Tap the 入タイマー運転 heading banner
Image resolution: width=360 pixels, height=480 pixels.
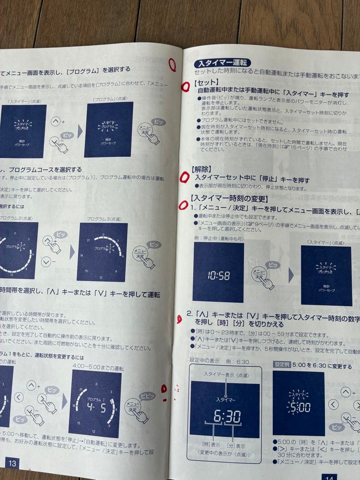point(222,63)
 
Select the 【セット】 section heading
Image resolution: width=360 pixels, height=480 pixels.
point(206,82)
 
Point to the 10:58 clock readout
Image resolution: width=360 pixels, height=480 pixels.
point(219,276)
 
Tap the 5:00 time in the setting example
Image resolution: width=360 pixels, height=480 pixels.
point(298,407)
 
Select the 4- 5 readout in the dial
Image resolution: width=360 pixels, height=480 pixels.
point(96,407)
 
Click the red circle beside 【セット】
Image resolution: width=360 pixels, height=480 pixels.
point(185,87)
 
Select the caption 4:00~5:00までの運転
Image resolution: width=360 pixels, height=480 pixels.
point(98,368)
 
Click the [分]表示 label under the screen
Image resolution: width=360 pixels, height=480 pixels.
point(236,446)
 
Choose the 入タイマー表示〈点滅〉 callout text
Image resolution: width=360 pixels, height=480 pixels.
point(226,374)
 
